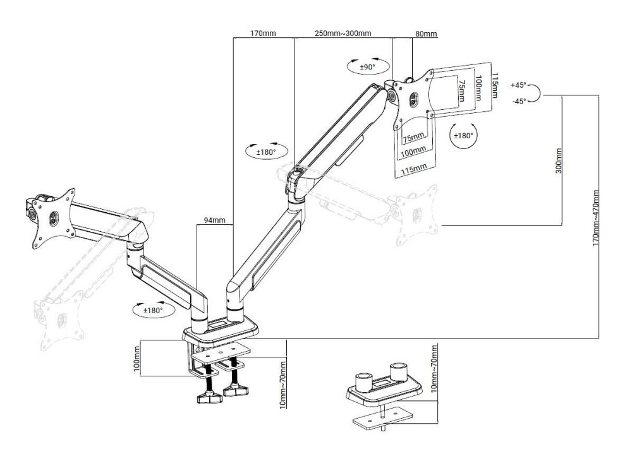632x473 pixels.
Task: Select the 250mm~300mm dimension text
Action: (x=343, y=33)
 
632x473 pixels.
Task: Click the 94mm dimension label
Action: (x=214, y=220)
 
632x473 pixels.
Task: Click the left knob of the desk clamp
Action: (x=208, y=398)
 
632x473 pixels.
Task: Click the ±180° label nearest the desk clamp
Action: (x=150, y=310)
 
